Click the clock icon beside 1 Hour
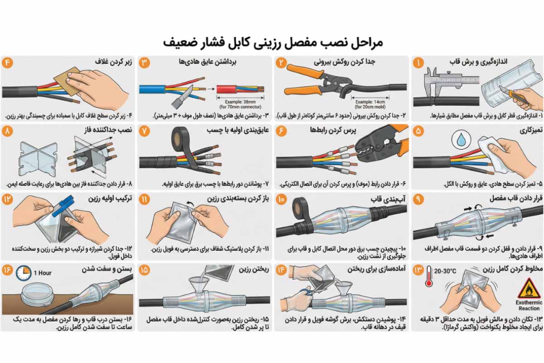(23, 274)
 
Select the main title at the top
(272, 42)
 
